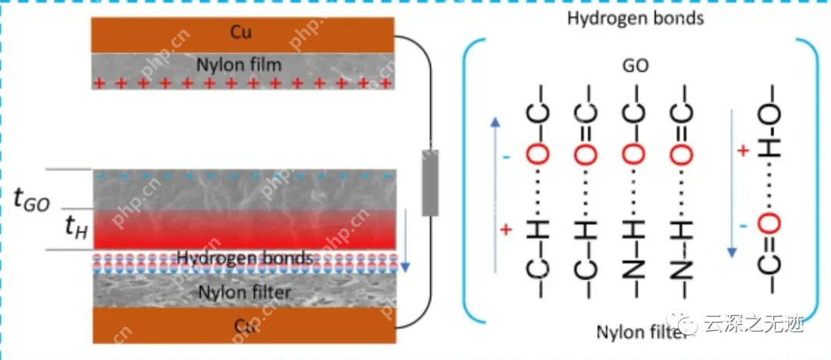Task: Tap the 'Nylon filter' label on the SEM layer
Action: (x=245, y=292)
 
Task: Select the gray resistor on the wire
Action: (x=430, y=185)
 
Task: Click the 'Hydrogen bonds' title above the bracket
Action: (x=635, y=18)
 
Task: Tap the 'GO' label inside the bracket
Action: (x=636, y=66)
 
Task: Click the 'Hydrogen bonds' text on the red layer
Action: (x=245, y=257)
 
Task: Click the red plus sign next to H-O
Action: (x=743, y=151)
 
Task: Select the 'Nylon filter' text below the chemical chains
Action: (x=636, y=332)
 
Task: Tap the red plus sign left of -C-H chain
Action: (x=506, y=229)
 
